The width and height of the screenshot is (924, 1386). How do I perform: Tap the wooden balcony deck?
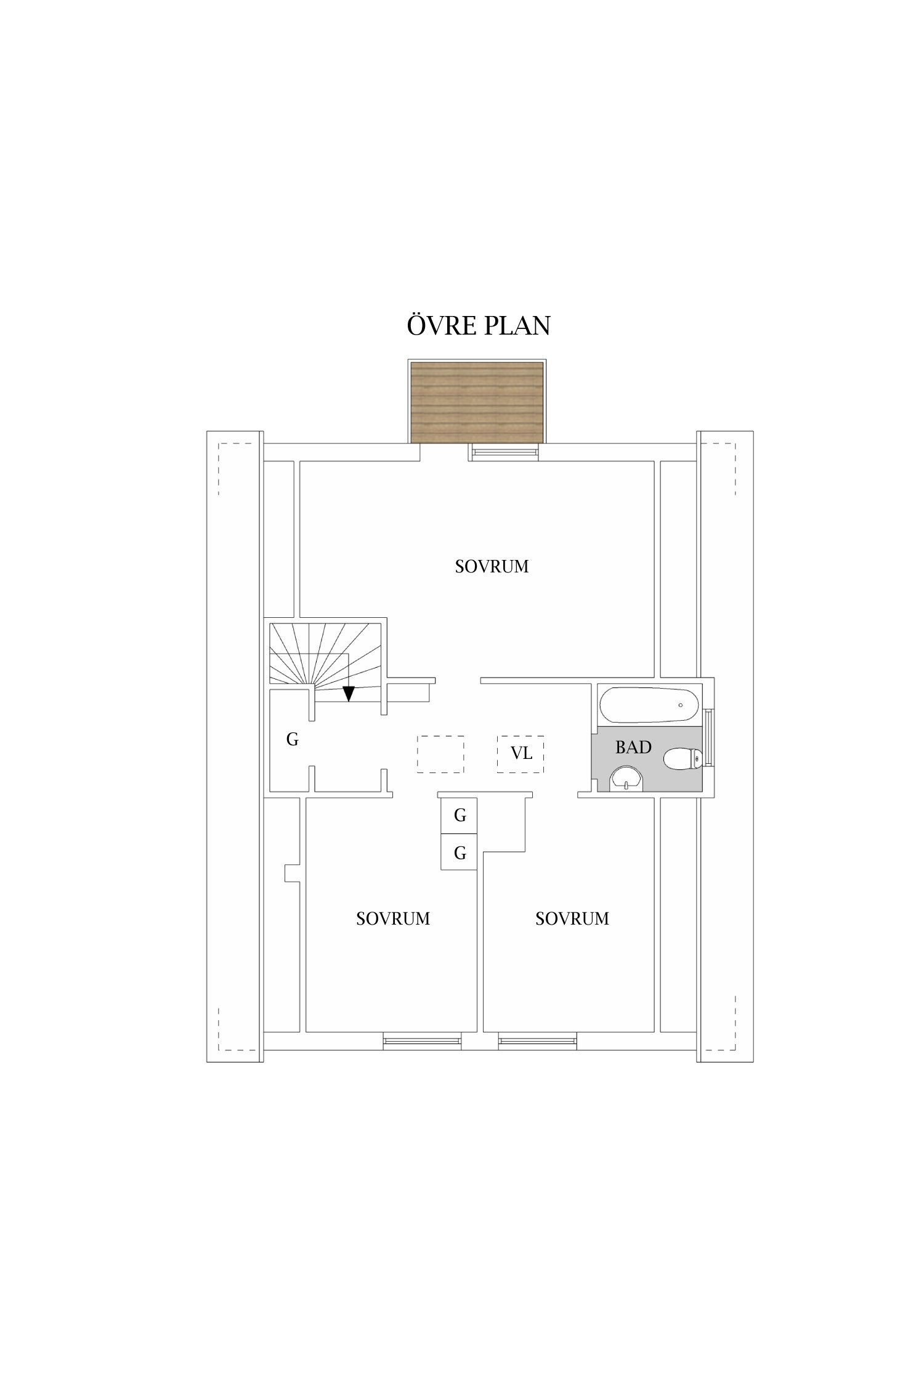[x=477, y=402]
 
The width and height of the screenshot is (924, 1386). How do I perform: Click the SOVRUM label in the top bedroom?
[x=492, y=567]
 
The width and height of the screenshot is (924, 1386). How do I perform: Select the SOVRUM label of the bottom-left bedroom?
[x=393, y=919]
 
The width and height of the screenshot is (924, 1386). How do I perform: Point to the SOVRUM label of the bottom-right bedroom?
[x=572, y=919]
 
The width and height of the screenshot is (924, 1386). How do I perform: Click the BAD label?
[x=633, y=747]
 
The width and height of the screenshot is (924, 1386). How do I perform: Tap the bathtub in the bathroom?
[x=649, y=705]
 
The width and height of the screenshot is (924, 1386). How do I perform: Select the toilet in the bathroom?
[x=683, y=758]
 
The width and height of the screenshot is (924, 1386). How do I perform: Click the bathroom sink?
[x=626, y=779]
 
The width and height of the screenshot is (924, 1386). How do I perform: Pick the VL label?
[x=521, y=753]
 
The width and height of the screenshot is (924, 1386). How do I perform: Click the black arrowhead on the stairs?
[x=349, y=694]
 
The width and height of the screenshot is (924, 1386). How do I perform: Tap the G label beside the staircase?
[x=292, y=739]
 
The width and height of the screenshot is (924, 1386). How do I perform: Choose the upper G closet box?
[x=459, y=815]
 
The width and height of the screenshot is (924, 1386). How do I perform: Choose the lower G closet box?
[x=459, y=852]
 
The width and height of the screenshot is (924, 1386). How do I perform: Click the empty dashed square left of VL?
[x=440, y=754]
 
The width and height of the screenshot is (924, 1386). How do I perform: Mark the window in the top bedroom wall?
[x=504, y=452]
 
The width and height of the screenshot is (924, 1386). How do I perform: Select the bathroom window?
[x=709, y=737]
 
